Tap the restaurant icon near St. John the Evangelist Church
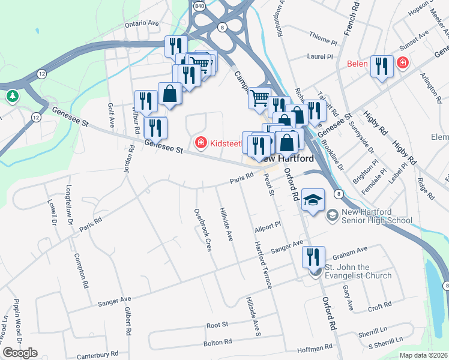313,257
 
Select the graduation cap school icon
312,199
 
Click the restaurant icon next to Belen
382,65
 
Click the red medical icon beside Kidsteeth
200,142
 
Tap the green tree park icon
12,95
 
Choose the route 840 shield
199,5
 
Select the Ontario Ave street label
142,24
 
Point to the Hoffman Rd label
315,347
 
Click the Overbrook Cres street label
202,230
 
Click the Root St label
217,325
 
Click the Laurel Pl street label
319,58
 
